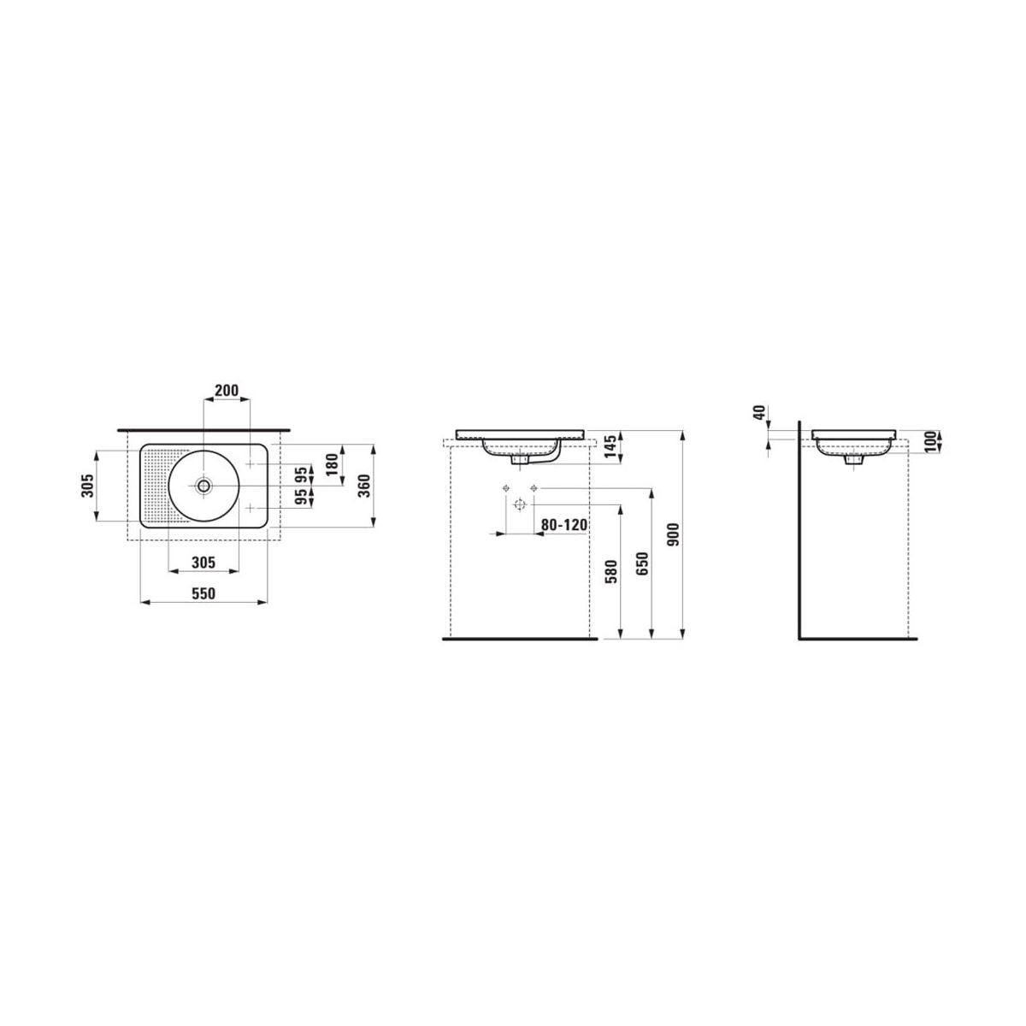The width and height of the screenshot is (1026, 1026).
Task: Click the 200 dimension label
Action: (x=227, y=391)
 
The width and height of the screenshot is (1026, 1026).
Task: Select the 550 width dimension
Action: (x=203, y=593)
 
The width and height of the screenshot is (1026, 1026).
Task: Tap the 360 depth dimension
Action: (x=363, y=486)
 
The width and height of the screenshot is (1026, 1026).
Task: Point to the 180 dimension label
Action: (x=332, y=465)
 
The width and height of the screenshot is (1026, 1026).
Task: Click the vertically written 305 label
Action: (x=88, y=486)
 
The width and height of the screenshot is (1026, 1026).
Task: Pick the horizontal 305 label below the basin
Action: (x=203, y=563)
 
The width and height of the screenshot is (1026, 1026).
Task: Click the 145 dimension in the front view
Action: (x=611, y=446)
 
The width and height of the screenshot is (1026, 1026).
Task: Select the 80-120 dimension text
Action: (x=564, y=525)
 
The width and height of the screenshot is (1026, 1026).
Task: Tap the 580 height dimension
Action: (x=612, y=572)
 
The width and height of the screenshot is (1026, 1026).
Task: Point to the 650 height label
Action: (x=643, y=564)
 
